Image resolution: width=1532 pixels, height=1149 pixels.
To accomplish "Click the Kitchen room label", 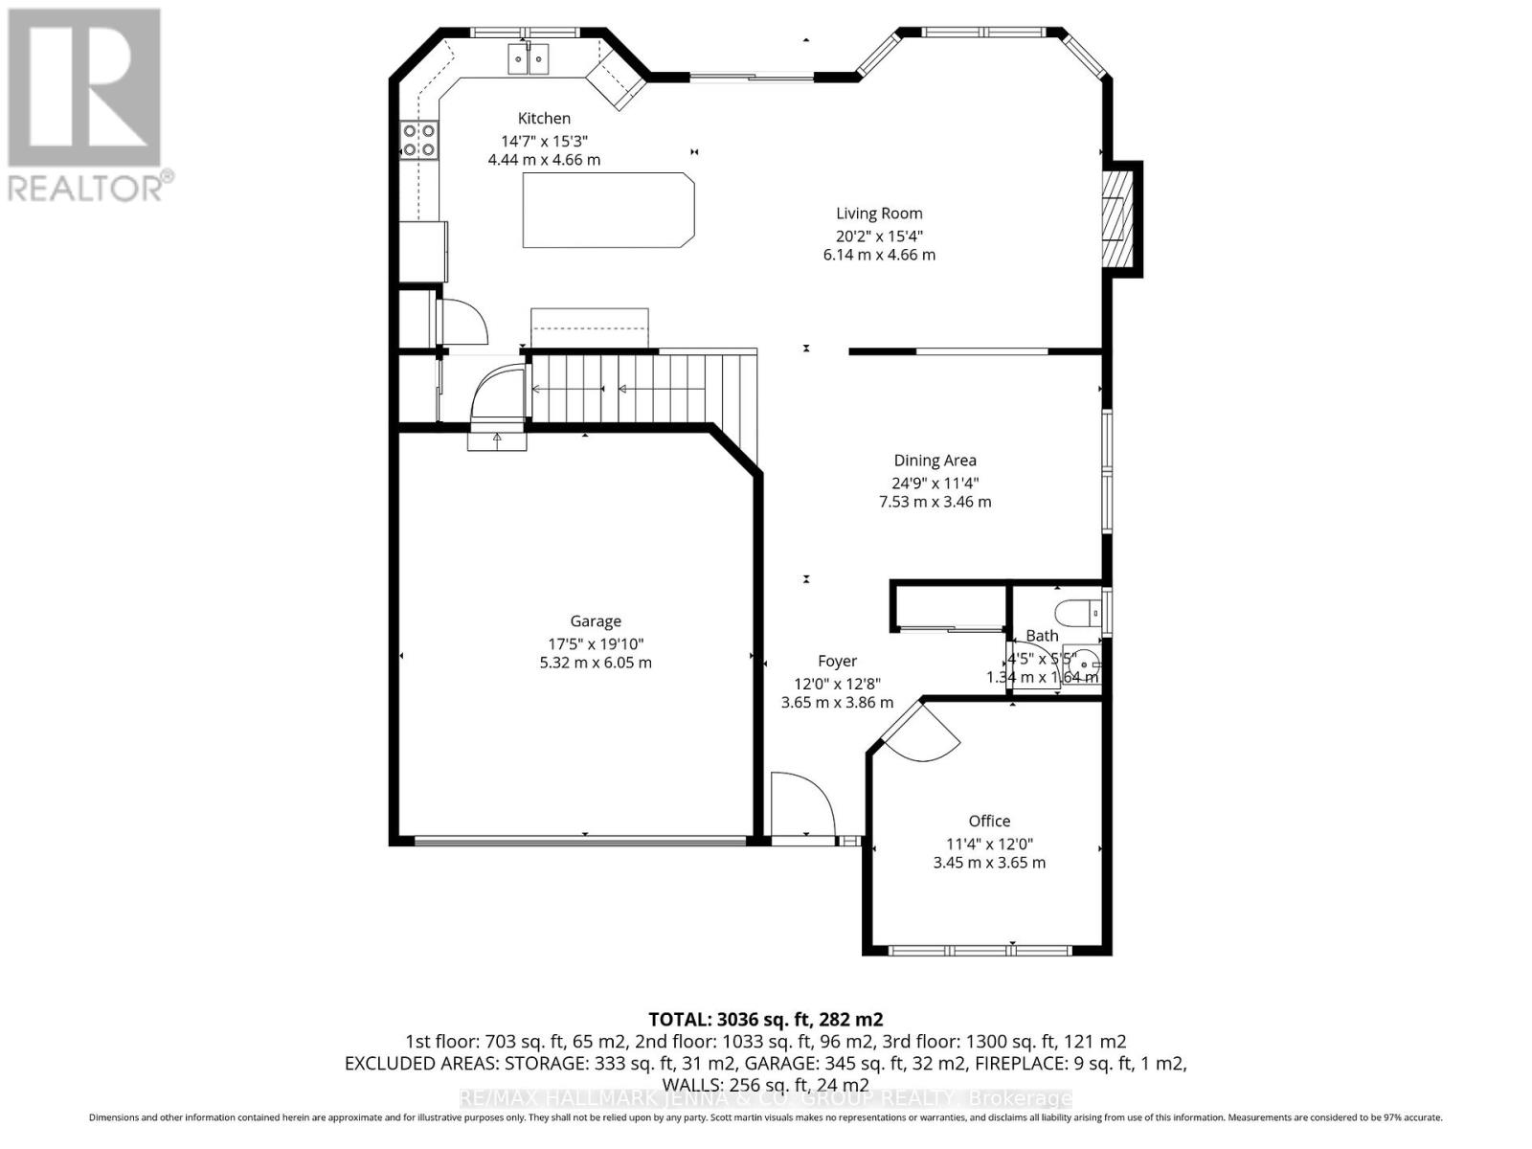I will tap(544, 119).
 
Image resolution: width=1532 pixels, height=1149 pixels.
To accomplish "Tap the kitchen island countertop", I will tap(607, 210).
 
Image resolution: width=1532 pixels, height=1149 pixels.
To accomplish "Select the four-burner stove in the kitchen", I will tap(419, 140).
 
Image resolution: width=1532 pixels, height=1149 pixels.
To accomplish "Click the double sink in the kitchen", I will tap(529, 60).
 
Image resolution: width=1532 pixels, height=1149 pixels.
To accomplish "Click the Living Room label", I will tap(879, 214).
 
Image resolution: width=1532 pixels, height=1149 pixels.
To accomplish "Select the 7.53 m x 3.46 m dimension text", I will tap(935, 502).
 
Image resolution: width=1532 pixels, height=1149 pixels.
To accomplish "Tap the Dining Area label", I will tap(935, 461).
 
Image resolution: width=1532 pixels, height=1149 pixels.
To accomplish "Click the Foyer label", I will tap(837, 661).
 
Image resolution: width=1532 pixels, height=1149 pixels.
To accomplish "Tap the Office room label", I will tap(989, 822).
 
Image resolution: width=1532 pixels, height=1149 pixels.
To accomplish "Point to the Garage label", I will tap(596, 621).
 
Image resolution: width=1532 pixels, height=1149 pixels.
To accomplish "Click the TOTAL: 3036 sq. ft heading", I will tap(765, 1019).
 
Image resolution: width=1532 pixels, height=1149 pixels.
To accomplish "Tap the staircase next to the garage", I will tap(642, 388).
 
